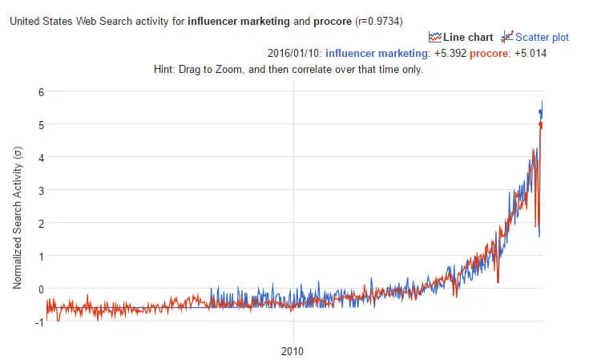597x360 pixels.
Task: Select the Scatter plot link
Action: pyautogui.click(x=543, y=37)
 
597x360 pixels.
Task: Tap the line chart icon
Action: pyautogui.click(x=435, y=37)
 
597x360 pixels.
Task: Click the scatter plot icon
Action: pyautogui.click(x=506, y=37)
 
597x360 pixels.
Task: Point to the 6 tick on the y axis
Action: pyautogui.click(x=31, y=91)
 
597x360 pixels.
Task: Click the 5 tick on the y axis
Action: pyautogui.click(x=31, y=124)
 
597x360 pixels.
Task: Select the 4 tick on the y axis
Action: pyautogui.click(x=31, y=157)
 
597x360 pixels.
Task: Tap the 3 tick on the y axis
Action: pyautogui.click(x=31, y=190)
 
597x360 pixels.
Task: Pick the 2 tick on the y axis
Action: pyautogui.click(x=31, y=223)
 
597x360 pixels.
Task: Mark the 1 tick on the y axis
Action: pyautogui.click(x=31, y=256)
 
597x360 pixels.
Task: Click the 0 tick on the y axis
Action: pyautogui.click(x=31, y=289)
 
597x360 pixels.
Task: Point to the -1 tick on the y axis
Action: pyautogui.click(x=30, y=322)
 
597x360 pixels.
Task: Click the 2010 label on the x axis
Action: pyautogui.click(x=293, y=351)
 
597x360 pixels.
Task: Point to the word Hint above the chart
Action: pyautogui.click(x=164, y=69)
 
